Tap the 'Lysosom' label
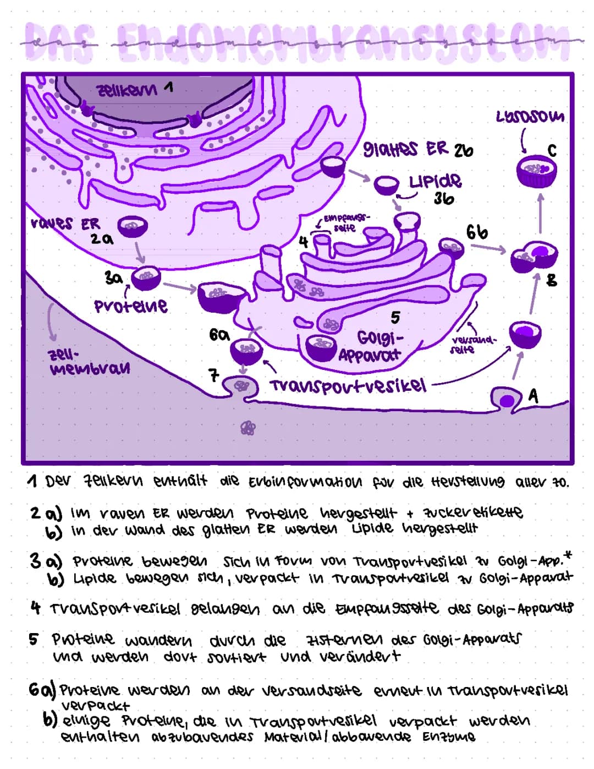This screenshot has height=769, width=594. pyautogui.click(x=530, y=116)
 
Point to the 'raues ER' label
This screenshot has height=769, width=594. pyautogui.click(x=65, y=224)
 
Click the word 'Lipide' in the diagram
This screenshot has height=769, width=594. pyautogui.click(x=435, y=181)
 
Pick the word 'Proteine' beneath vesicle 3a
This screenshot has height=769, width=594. pyautogui.click(x=130, y=306)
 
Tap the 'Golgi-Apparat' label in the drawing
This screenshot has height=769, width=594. pyautogui.click(x=370, y=346)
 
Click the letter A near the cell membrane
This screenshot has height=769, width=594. pyautogui.click(x=532, y=395)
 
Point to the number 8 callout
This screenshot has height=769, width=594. pyautogui.click(x=552, y=280)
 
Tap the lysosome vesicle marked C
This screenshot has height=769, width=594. pyautogui.click(x=536, y=170)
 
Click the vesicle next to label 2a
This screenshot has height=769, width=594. pyautogui.click(x=133, y=226)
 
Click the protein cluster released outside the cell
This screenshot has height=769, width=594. pyautogui.click(x=249, y=428)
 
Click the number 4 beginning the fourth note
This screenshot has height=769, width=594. pyautogui.click(x=35, y=608)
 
